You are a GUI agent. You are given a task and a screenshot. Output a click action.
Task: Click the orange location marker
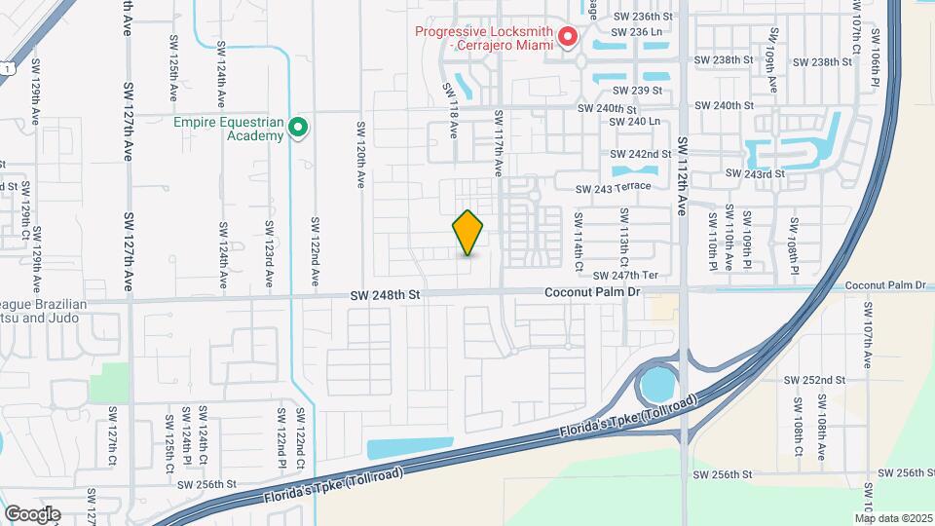pos(468,233)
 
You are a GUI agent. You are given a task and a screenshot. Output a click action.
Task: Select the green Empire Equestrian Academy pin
pos(299,128)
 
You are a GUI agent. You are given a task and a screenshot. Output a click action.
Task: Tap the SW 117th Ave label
pos(497,142)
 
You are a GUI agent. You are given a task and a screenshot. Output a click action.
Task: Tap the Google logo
pos(32,514)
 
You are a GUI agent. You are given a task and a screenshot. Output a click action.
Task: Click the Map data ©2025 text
pos(893,517)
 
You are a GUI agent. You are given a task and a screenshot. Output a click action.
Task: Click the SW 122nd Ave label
pos(315,252)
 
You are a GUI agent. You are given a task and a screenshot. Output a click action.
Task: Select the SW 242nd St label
pos(641,154)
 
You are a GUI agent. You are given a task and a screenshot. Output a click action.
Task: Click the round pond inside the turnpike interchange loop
pos(659,384)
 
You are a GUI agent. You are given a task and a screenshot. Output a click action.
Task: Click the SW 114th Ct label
pos(578,235)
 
